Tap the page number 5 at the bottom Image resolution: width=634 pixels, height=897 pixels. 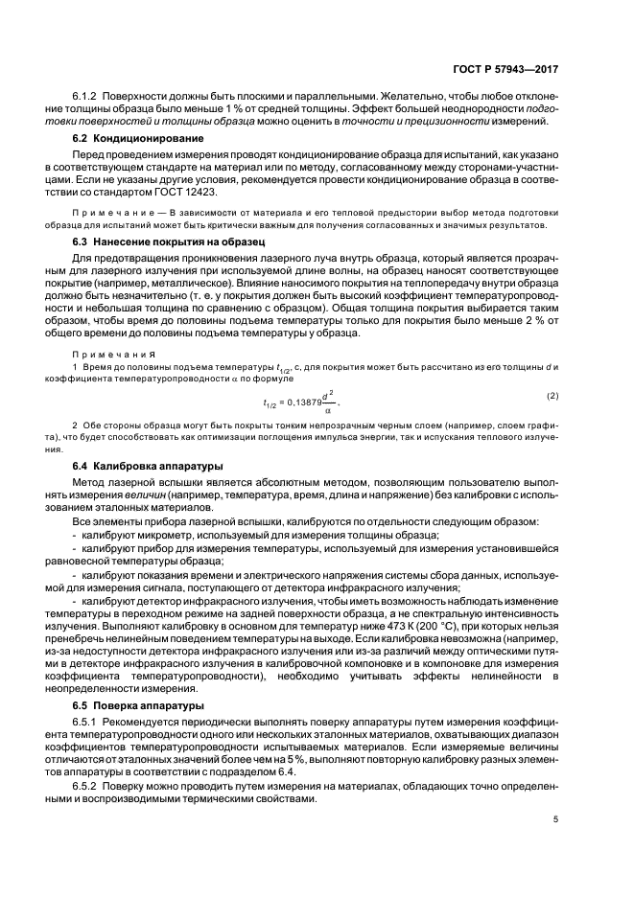click(x=555, y=819)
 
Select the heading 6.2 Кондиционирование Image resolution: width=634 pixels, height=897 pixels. click(x=139, y=139)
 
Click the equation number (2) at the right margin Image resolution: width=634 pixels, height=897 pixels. click(x=552, y=396)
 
